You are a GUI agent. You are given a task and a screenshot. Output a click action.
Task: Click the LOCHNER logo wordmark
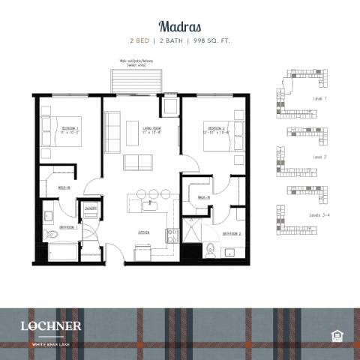tap(51, 325)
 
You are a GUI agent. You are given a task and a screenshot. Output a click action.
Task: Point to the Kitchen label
tap(142, 232)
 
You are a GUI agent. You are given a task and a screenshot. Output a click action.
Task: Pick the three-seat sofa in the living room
tap(112, 133)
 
